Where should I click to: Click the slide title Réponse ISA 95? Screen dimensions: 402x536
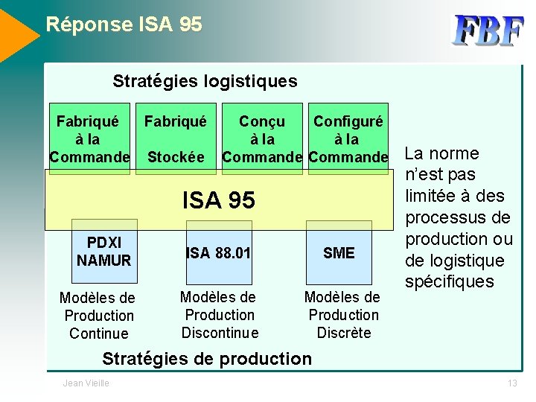(124, 25)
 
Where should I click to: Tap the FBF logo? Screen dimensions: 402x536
(488, 31)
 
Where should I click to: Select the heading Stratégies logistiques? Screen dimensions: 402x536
(205, 81)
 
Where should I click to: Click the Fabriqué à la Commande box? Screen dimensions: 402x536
(89, 138)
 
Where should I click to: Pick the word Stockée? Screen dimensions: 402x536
(176, 157)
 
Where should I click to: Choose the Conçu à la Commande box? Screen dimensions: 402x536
(262, 138)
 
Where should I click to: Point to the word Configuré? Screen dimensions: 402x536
(348, 121)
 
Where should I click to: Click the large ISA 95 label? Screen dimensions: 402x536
(219, 200)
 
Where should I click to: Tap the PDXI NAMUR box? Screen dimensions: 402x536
(104, 252)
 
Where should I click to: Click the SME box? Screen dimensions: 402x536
(339, 253)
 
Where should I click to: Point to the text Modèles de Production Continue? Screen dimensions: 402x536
(97, 316)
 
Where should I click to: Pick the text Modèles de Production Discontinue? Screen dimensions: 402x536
(220, 315)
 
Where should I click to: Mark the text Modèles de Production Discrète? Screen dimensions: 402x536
(343, 315)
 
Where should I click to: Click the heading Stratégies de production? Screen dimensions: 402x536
(207, 359)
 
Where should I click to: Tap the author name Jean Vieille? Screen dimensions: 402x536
(86, 383)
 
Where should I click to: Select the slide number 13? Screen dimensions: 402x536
(511, 383)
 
